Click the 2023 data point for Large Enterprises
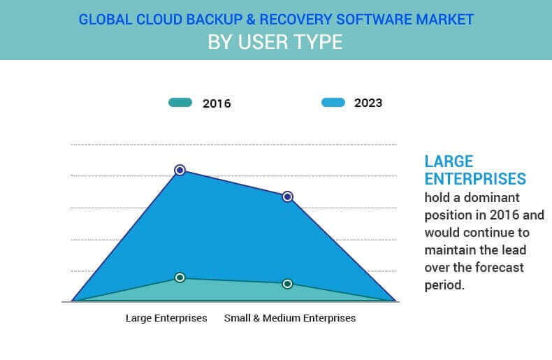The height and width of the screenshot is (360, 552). [x=180, y=170]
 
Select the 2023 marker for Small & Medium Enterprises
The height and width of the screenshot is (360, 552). [x=287, y=196]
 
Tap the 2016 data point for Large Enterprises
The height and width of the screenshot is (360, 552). [x=180, y=278]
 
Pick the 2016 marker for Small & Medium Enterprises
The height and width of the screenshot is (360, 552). [x=287, y=284]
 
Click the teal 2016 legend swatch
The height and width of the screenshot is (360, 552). [x=180, y=103]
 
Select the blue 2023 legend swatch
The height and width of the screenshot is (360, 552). [x=333, y=102]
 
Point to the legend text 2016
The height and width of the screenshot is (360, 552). [x=217, y=103]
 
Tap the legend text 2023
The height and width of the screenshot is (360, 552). [x=368, y=103]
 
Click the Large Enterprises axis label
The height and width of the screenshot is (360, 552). [x=166, y=318]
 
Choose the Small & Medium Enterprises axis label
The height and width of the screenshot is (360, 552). [x=290, y=318]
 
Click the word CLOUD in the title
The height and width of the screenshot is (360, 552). [x=159, y=20]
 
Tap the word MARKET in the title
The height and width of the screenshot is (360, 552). [x=444, y=20]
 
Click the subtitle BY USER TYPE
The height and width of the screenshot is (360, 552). [x=275, y=42]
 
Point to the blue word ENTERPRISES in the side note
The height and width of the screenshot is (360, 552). [x=475, y=179]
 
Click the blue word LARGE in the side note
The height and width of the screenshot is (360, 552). [x=449, y=161]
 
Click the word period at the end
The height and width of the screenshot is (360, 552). [x=444, y=286]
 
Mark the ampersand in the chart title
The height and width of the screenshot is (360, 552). [x=250, y=20]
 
